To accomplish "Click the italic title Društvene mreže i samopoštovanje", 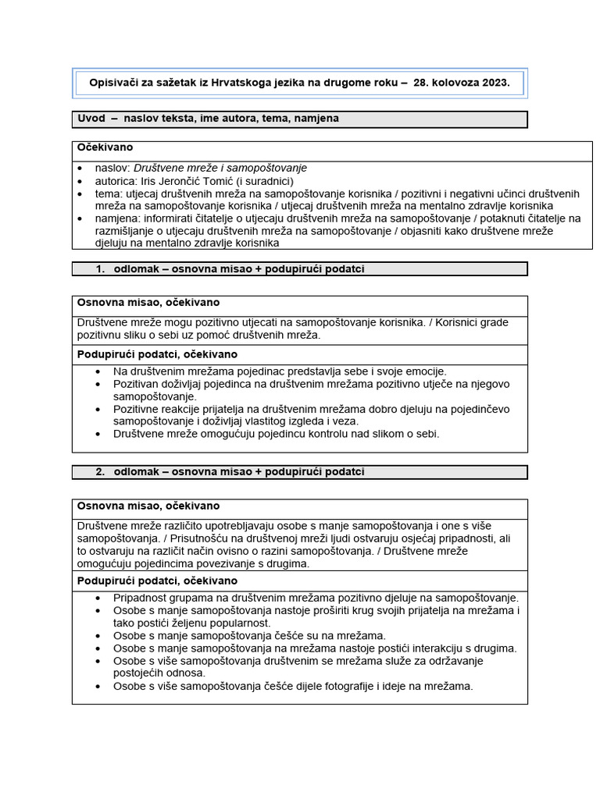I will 220,168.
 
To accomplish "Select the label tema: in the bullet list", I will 109,194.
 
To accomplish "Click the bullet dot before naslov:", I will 80,169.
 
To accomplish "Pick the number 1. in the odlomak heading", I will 100,269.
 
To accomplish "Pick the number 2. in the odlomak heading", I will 100,472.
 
